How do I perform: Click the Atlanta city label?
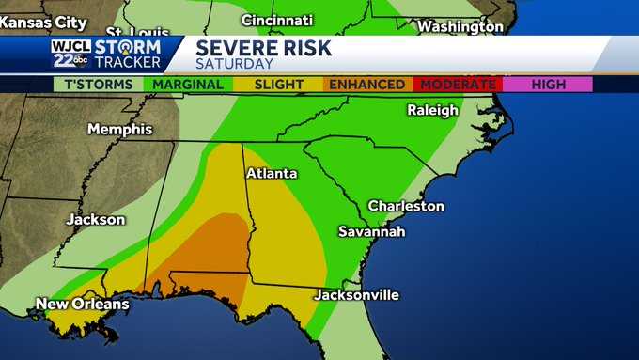[x=272, y=174]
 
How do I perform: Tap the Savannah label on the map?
[x=372, y=231]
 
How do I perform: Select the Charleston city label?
[x=405, y=206]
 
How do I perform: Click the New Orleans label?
[x=82, y=304]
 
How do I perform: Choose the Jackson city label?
[x=95, y=220]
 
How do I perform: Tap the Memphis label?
[x=119, y=129]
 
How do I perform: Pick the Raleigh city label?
[x=432, y=110]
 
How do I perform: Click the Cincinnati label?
[x=277, y=20]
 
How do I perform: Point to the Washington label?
[x=460, y=26]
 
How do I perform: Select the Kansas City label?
[x=38, y=20]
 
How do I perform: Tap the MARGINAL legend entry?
[x=189, y=85]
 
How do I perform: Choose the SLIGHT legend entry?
[x=279, y=85]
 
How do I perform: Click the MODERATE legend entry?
[x=458, y=85]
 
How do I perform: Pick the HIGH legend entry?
[x=548, y=85]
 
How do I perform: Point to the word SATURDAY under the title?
[x=235, y=64]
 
